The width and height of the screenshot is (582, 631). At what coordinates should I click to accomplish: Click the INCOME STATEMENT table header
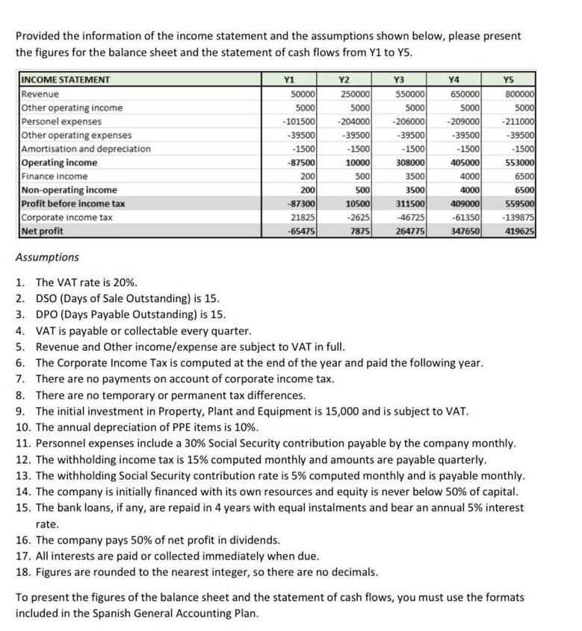pos(66,80)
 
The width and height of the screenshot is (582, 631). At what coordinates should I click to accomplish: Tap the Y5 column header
pos(509,80)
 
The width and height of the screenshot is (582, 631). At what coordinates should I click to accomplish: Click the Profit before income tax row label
pos(73,204)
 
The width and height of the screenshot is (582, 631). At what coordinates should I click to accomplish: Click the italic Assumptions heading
pos(47,258)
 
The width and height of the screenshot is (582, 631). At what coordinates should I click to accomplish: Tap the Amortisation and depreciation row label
pos(86,149)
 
